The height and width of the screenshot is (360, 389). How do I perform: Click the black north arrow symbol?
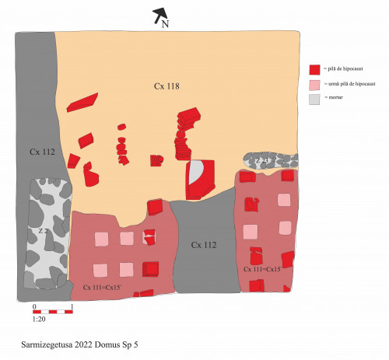coord(159,13)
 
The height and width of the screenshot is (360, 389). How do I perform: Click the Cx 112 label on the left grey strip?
coord(42,152)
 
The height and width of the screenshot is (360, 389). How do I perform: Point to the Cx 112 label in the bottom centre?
coord(204,245)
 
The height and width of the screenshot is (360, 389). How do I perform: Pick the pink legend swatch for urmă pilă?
coord(315,84)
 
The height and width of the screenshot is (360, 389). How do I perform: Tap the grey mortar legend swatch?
coord(315,99)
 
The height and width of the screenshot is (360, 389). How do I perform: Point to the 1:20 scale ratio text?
coord(38,320)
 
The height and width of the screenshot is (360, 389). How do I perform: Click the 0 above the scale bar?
coord(34,306)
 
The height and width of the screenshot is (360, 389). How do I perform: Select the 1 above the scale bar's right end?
coord(71,306)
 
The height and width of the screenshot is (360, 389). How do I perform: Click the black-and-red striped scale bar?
coord(53,312)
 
